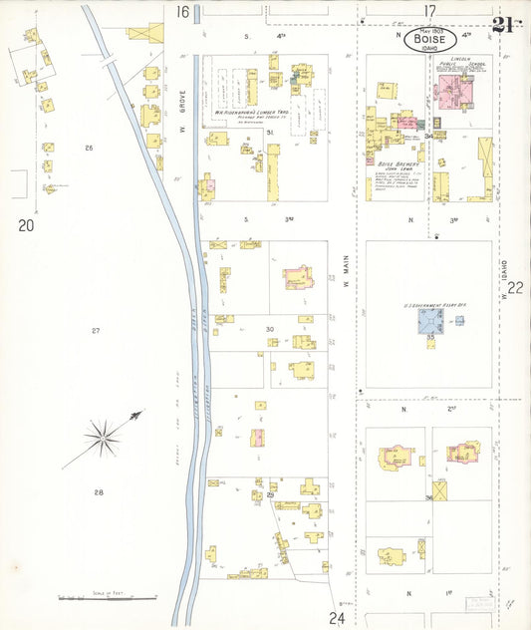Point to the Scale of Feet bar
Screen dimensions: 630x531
[107, 598]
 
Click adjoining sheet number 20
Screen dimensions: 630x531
[25, 226]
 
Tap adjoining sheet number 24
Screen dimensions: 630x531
[337, 618]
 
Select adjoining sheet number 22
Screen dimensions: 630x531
[515, 288]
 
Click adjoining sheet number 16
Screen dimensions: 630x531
[183, 12]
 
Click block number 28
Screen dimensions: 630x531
[98, 492]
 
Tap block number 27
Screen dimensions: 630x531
[97, 330]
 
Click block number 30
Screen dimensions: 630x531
[269, 329]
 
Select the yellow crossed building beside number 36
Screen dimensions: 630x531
[439, 490]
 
